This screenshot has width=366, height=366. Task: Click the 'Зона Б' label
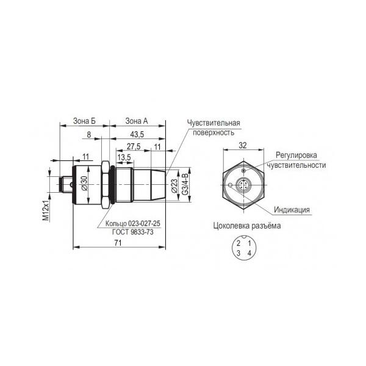(84, 121)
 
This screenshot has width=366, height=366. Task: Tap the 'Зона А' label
(137, 121)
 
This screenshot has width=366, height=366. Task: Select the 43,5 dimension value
(137, 134)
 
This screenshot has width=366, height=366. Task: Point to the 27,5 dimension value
(134, 146)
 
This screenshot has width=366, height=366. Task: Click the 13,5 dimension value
(124, 157)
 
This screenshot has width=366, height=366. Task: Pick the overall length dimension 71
(118, 243)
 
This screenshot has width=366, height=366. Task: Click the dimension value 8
(88, 135)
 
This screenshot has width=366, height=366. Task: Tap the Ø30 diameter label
(84, 183)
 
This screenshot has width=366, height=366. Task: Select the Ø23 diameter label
(174, 186)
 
